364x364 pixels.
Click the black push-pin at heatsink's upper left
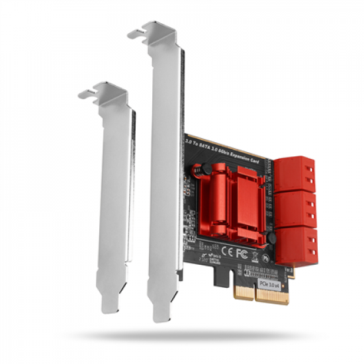(x=197, y=173)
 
